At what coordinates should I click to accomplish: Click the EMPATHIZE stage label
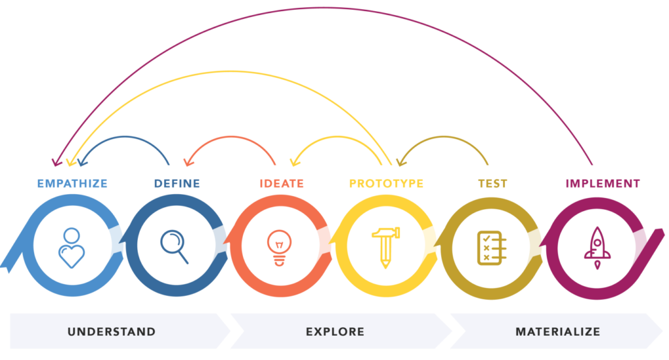72,184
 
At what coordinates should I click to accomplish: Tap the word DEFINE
177,184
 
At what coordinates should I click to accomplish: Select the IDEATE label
282,184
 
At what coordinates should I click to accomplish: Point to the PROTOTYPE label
386,184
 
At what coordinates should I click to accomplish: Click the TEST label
493,184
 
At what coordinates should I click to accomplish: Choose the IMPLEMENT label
603,184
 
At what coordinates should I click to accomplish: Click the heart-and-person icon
71,248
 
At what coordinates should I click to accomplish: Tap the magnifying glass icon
174,247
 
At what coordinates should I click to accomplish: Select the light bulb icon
280,248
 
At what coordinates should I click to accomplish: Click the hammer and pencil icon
385,248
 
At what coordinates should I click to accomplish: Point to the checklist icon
491,248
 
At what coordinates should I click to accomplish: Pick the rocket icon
597,248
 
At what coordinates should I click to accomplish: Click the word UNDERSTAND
111,332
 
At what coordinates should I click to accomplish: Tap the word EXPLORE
335,332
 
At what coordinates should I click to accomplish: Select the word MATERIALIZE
558,332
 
